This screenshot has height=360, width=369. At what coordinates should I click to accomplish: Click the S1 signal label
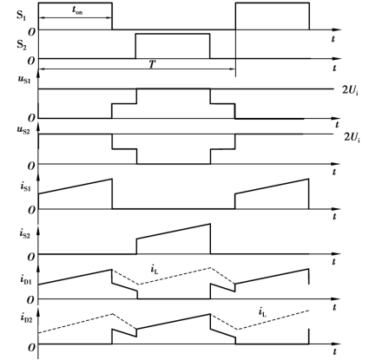click(21, 16)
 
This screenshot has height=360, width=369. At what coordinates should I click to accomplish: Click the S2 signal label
click(22, 45)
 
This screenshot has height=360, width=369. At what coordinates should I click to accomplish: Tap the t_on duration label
click(77, 10)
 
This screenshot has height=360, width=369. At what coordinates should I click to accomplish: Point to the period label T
click(153, 64)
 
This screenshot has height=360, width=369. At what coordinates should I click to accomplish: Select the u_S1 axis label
click(24, 79)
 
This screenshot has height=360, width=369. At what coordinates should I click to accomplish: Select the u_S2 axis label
click(24, 130)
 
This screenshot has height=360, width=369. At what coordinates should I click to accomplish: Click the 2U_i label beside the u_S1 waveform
click(350, 90)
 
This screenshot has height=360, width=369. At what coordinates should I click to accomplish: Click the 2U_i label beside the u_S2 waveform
click(352, 137)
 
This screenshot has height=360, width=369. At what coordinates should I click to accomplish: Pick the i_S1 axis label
click(25, 187)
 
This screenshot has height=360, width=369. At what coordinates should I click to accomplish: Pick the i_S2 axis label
click(25, 233)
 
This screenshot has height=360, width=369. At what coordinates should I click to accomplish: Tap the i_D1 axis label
click(25, 279)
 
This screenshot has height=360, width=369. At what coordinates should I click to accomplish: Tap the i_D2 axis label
click(26, 317)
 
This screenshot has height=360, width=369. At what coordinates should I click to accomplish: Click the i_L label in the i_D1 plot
click(155, 270)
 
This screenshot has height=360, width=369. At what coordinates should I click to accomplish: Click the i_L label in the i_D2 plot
click(262, 312)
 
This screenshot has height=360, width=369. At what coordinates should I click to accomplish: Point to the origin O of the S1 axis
click(31, 32)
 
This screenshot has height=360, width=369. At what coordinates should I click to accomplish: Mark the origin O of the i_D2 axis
click(31, 348)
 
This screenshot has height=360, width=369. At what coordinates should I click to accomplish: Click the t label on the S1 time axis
click(333, 39)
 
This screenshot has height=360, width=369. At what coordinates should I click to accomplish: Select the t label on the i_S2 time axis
click(333, 262)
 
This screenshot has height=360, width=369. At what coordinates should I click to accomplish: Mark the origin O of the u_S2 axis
click(31, 166)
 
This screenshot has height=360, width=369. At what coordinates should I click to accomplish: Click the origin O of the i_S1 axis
click(31, 211)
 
